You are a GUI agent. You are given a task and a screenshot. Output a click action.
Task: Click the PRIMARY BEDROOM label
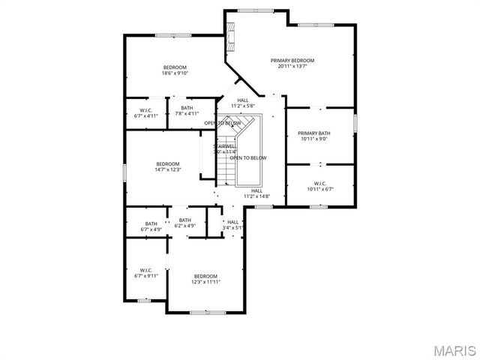click(x=292, y=60)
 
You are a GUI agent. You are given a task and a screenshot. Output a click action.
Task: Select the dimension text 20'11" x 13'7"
click(x=292, y=67)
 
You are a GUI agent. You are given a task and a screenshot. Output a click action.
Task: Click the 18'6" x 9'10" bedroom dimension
click(x=175, y=73)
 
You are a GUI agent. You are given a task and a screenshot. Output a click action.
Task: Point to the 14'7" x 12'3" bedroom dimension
click(x=167, y=170)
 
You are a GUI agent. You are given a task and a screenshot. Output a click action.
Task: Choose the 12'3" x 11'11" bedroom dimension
click(x=205, y=282)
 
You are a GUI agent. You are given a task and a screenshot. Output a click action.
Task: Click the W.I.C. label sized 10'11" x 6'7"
click(x=319, y=183)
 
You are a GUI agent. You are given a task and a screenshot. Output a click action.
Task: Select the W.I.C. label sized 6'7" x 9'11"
click(x=145, y=270)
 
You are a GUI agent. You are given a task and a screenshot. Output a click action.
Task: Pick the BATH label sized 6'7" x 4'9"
click(x=151, y=223)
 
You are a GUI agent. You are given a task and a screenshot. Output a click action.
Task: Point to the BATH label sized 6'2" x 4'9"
click(x=185, y=220)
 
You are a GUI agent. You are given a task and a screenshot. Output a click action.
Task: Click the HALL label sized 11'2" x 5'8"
click(x=243, y=100)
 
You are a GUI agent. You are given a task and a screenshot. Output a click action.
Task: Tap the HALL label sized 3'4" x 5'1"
click(x=233, y=222)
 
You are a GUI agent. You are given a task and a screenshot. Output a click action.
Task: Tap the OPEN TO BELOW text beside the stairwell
click(x=248, y=158)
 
